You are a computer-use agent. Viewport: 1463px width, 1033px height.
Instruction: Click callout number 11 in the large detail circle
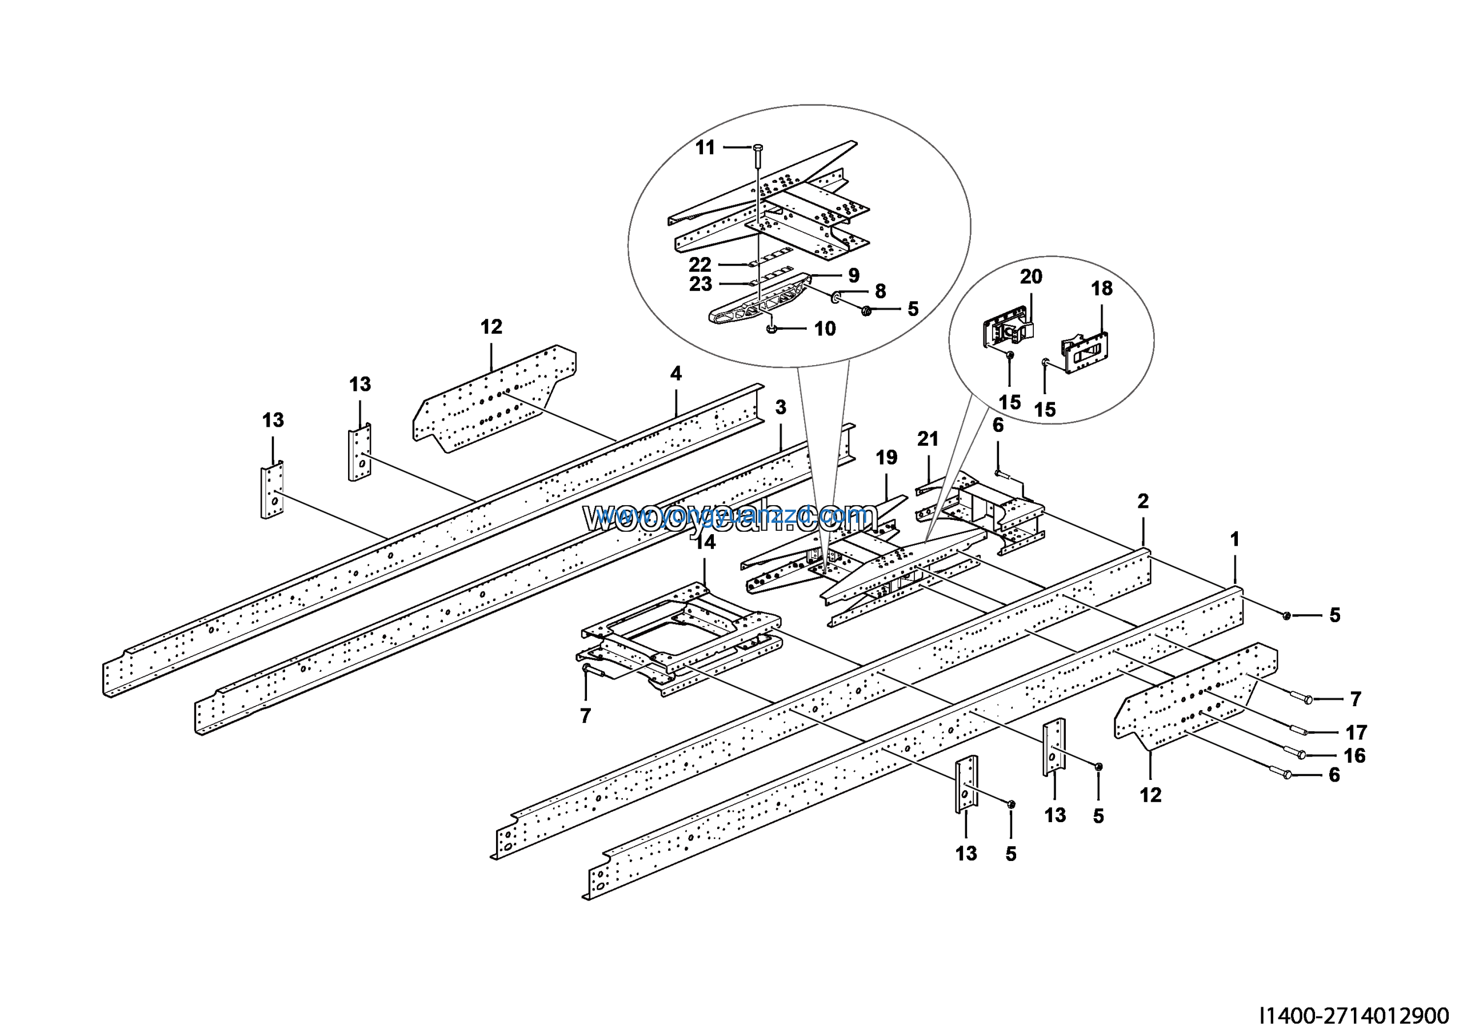click(705, 148)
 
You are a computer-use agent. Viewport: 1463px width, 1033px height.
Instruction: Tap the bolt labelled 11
click(757, 153)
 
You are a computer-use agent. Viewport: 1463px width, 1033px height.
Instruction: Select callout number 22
click(699, 265)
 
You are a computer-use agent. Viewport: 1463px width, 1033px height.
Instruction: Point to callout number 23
click(700, 284)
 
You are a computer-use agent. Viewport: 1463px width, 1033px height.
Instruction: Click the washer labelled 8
click(836, 298)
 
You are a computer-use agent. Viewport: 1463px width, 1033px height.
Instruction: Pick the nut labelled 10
click(772, 329)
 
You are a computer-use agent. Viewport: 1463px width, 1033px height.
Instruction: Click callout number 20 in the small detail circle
click(1031, 277)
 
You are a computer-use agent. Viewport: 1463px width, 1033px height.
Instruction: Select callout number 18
click(1102, 289)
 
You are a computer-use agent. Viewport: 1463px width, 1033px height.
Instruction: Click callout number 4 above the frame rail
click(676, 373)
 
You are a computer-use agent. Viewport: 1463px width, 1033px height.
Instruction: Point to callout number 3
click(781, 407)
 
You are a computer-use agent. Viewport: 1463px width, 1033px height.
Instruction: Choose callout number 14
click(705, 542)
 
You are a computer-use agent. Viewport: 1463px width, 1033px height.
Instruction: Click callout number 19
click(886, 457)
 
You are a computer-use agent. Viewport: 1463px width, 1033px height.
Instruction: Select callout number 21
click(928, 439)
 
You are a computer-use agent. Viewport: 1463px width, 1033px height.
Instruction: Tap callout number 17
click(1356, 732)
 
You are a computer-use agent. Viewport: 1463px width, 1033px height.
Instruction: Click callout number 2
click(1143, 501)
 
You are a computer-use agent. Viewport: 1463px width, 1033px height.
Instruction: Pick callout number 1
click(1234, 539)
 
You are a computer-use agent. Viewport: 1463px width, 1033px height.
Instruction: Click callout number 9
click(854, 275)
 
